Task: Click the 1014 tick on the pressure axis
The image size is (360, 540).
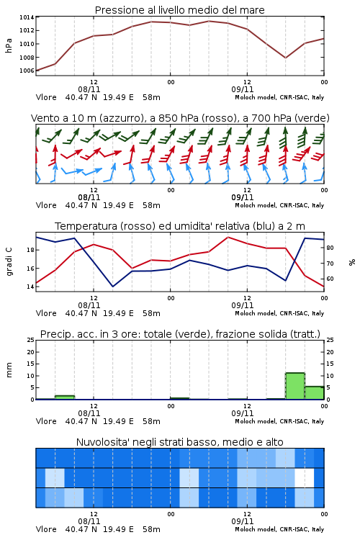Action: (27, 17)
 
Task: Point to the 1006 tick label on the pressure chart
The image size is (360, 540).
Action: (27, 71)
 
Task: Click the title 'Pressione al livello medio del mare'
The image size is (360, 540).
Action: (180, 10)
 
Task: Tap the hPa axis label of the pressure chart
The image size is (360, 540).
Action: (9, 45)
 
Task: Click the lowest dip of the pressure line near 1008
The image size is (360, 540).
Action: (285, 58)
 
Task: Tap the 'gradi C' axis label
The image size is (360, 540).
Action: (9, 262)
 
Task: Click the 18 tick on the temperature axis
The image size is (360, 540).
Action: (30, 250)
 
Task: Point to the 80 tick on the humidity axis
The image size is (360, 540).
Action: (330, 248)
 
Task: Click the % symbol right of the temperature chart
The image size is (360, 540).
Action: (352, 262)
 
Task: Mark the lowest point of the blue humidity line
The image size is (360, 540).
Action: (112, 287)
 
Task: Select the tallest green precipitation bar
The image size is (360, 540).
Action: (295, 386)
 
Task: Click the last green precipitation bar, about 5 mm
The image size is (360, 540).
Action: (315, 393)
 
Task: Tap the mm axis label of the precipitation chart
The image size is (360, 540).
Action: (9, 370)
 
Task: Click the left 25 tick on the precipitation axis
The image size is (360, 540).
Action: (30, 340)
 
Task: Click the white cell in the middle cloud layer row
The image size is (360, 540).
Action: (305, 477)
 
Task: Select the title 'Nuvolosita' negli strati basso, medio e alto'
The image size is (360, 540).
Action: (180, 442)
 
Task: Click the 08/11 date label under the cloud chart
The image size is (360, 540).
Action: (89, 521)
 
